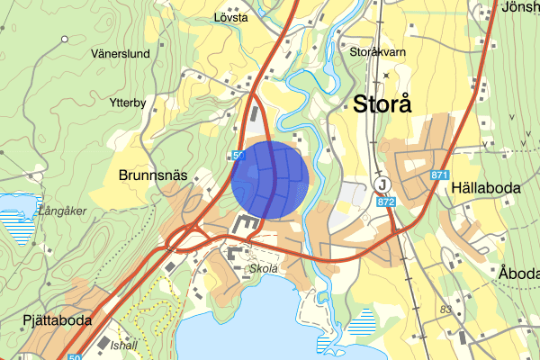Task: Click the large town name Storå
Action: (x=382, y=103)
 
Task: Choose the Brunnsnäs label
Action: (x=152, y=175)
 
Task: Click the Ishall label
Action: (x=122, y=344)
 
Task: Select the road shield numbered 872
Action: (x=386, y=205)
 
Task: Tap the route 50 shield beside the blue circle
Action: (x=238, y=156)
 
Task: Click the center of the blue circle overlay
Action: (x=271, y=180)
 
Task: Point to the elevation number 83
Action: (x=445, y=310)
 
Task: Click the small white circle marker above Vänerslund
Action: (x=66, y=39)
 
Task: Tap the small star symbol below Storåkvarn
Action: (x=385, y=75)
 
